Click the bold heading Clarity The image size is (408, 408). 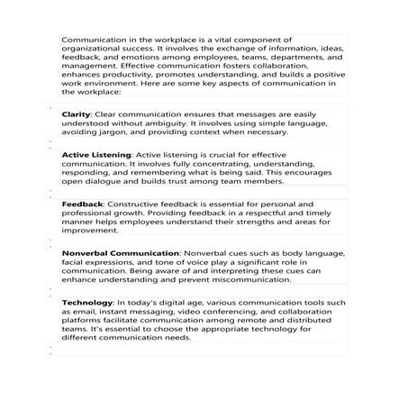click(75, 115)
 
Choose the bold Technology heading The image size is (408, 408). click(86, 302)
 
